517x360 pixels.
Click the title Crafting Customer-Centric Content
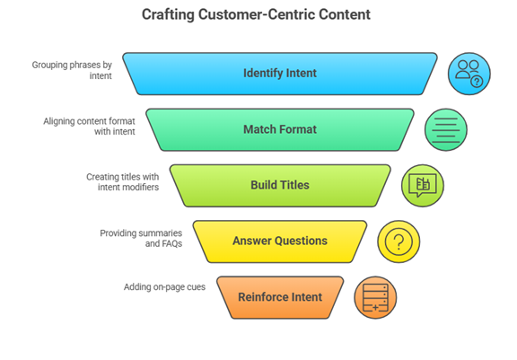tap(256, 14)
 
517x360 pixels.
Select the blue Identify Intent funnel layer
tap(280, 74)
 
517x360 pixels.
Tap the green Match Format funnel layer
tap(280, 129)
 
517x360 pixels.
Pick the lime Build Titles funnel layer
tap(280, 186)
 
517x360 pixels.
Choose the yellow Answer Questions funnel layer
tap(280, 241)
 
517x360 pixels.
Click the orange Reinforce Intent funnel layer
tap(280, 297)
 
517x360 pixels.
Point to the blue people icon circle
tap(469, 74)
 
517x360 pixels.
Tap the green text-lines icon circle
tap(446, 129)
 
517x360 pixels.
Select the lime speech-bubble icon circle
tap(423, 186)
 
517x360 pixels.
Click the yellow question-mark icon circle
tap(399, 241)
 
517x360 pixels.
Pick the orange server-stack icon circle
tap(375, 297)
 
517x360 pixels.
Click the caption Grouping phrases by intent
tap(72, 70)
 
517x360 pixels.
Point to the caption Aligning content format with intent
tap(89, 127)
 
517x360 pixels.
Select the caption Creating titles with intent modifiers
tap(123, 182)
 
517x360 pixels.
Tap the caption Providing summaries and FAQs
tap(141, 238)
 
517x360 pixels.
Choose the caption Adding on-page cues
tap(164, 287)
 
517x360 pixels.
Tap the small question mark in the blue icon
tap(477, 81)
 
